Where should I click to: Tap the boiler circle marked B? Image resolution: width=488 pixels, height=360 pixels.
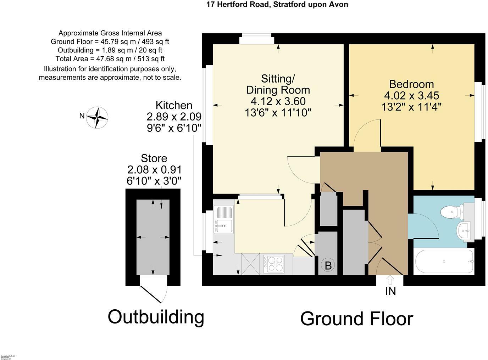click(x=328, y=265)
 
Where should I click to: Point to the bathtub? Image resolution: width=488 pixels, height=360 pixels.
click(x=444, y=261)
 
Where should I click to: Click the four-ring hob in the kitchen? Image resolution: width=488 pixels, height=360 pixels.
click(x=273, y=264)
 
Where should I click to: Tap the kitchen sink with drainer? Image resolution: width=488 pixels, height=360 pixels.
click(x=224, y=220)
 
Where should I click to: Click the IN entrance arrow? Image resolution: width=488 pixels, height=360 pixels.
click(x=390, y=280)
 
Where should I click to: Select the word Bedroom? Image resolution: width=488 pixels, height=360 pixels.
click(x=411, y=84)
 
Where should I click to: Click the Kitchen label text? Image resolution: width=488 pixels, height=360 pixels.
click(x=174, y=105)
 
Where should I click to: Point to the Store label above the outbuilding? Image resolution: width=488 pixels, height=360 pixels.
click(x=154, y=158)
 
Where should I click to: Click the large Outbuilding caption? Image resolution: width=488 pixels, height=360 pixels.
click(x=156, y=316)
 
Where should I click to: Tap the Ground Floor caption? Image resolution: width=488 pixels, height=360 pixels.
click(x=356, y=319)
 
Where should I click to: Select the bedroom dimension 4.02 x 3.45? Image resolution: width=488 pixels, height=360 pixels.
click(x=411, y=96)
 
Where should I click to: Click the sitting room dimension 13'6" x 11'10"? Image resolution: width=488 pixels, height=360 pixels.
click(x=278, y=113)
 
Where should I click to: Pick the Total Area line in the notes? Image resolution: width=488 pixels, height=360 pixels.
click(x=110, y=59)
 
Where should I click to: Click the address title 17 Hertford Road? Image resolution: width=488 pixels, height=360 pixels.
click(x=277, y=5)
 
